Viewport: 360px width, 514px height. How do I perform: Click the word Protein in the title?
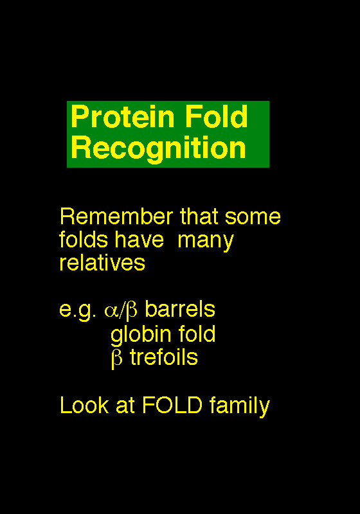pyautogui.click(x=123, y=117)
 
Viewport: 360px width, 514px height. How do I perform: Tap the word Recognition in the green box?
pyautogui.click(x=158, y=148)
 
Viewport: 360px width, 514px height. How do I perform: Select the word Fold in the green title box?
pyautogui.click(x=217, y=116)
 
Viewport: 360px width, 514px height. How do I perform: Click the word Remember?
pyautogui.click(x=116, y=217)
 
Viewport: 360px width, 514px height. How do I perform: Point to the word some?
pyautogui.click(x=253, y=217)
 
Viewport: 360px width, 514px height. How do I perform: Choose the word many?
pyautogui.click(x=206, y=242)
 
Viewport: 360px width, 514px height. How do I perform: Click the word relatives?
pyautogui.click(x=102, y=263)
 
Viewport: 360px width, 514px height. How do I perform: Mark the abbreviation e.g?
pyautogui.click(x=78, y=310)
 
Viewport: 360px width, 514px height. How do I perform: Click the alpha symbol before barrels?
pyautogui.click(x=111, y=311)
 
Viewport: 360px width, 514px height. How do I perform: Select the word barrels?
pyautogui.click(x=180, y=309)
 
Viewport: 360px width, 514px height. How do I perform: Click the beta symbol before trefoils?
pyautogui.click(x=117, y=359)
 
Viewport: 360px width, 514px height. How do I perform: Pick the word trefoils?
pyautogui.click(x=164, y=357)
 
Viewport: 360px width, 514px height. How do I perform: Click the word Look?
pyautogui.click(x=84, y=405)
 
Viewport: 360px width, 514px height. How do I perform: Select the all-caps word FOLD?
pyautogui.click(x=172, y=405)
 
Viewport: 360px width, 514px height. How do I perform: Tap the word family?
pyautogui.click(x=240, y=407)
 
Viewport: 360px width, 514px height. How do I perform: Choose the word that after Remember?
pyautogui.click(x=199, y=217)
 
